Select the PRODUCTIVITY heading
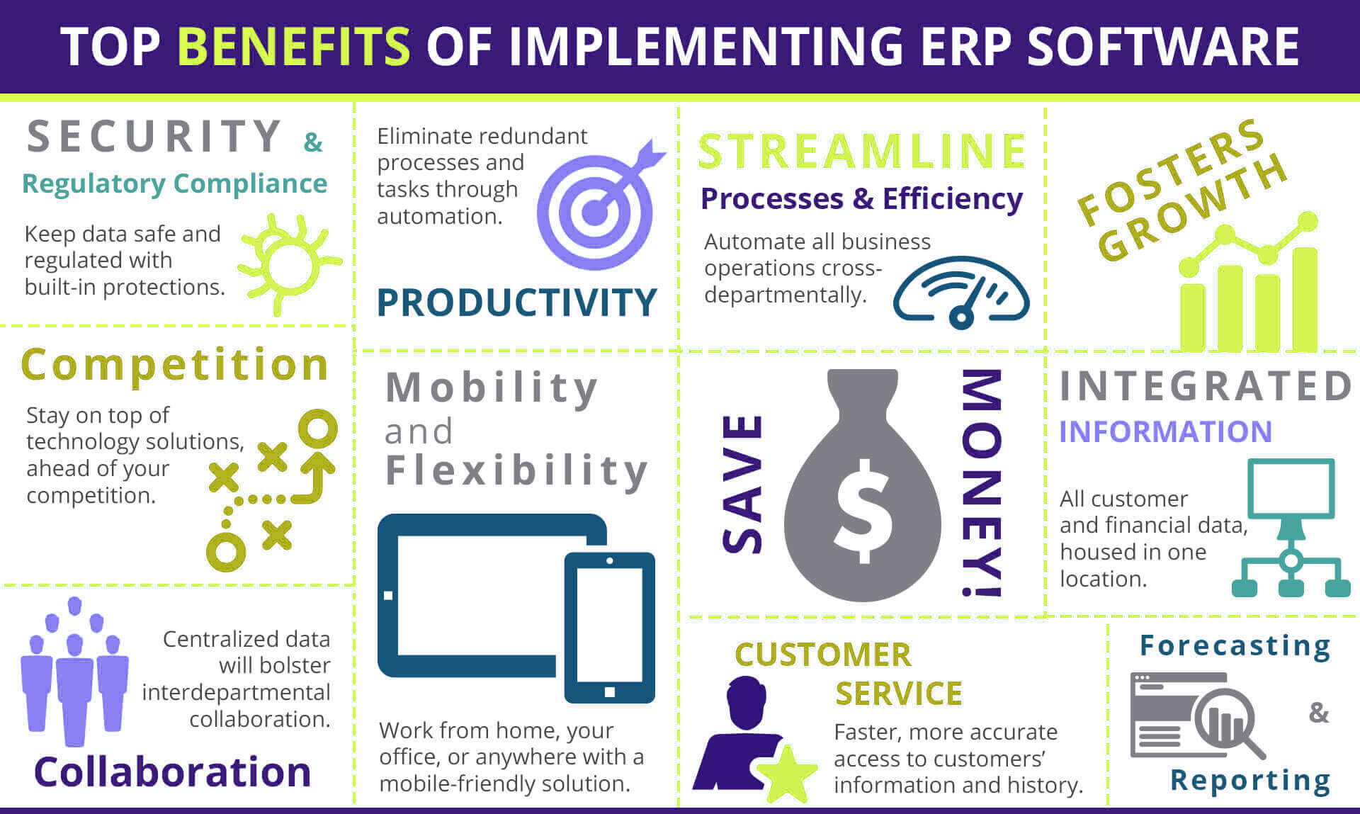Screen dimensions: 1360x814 pos(517,303)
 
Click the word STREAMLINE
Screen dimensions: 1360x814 pos(862,151)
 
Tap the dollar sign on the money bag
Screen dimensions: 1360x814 pos(863,511)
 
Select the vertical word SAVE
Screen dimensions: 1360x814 pos(742,483)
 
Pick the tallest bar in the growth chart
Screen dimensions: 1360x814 pos(1305,299)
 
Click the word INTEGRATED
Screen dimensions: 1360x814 pos(1206,386)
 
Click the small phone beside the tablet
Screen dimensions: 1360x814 pos(610,627)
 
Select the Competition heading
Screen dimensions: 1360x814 pos(175,365)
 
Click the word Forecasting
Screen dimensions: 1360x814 pos(1235,646)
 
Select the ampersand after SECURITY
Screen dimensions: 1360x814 pos(313,142)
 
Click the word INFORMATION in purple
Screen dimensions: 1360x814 pos(1165,431)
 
